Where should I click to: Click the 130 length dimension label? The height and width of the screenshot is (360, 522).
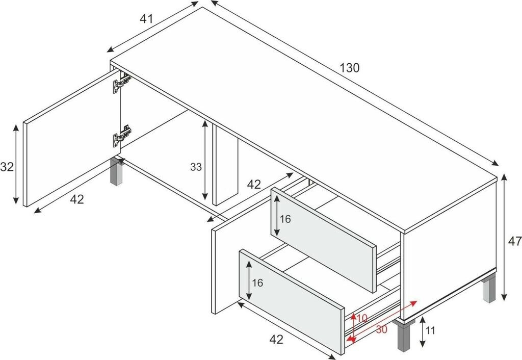click(x=350, y=68)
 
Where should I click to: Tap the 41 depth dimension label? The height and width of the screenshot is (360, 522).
click(x=146, y=19)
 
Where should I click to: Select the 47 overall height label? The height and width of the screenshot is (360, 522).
click(x=515, y=241)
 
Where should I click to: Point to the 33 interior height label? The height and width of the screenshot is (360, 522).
click(x=196, y=167)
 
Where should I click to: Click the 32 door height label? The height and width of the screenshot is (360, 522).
click(x=7, y=167)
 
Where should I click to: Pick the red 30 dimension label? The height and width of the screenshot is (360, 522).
click(x=382, y=330)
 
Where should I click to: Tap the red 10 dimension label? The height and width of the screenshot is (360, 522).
click(x=362, y=319)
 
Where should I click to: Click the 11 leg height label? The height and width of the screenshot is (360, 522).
click(x=430, y=331)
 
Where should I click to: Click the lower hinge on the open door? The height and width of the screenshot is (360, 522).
click(x=122, y=136)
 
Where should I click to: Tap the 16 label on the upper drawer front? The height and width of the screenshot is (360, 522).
click(x=285, y=219)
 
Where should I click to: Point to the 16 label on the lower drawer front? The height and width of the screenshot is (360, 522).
click(x=257, y=282)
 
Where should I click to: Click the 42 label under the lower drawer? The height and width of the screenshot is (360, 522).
click(x=276, y=340)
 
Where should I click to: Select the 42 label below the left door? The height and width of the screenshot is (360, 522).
click(x=77, y=199)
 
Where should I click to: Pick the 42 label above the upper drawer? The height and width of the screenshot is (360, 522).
click(x=254, y=184)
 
